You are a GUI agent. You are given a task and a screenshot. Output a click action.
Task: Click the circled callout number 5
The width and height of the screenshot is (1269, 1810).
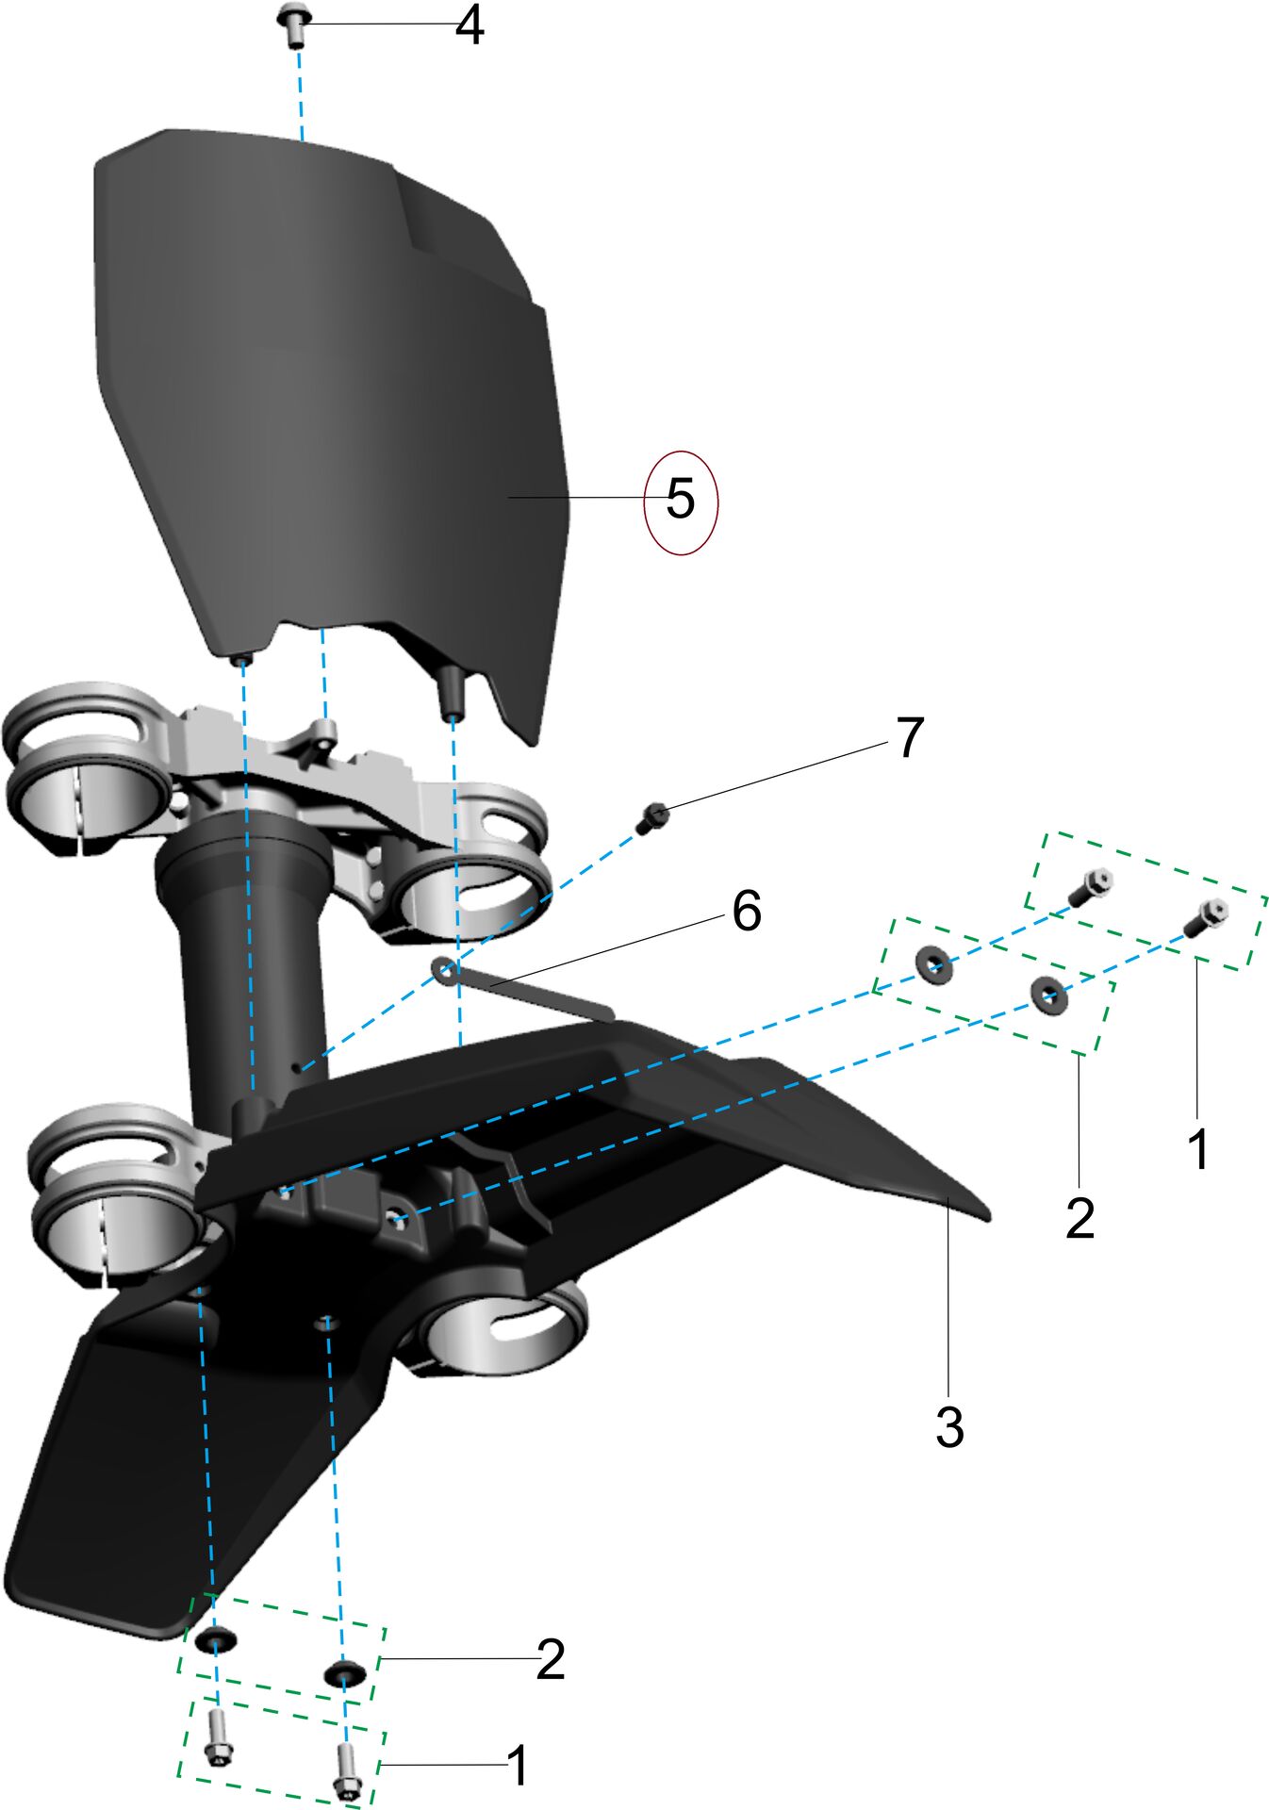(681, 499)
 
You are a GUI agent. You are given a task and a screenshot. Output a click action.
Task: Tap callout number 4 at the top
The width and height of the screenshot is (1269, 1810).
(470, 26)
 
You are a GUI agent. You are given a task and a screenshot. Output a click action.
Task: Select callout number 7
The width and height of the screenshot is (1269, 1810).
(909, 737)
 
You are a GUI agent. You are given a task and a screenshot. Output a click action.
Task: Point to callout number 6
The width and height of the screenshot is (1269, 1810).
(747, 912)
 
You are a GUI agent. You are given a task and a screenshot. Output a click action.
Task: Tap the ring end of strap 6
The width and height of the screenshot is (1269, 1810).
(443, 968)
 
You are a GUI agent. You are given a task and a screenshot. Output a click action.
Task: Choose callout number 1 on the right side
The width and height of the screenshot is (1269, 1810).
(1198, 1149)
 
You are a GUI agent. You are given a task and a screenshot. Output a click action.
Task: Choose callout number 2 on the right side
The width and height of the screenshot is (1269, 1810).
(1080, 1218)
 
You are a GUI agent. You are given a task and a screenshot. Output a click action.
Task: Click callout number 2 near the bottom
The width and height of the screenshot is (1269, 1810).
(551, 1659)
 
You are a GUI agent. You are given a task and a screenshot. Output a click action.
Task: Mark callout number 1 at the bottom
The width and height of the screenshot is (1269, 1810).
(518, 1765)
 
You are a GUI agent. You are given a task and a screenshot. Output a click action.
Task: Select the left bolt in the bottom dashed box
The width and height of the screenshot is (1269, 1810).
(217, 1745)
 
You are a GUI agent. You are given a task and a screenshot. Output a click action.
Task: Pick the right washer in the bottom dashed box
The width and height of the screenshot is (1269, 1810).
(344, 1673)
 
